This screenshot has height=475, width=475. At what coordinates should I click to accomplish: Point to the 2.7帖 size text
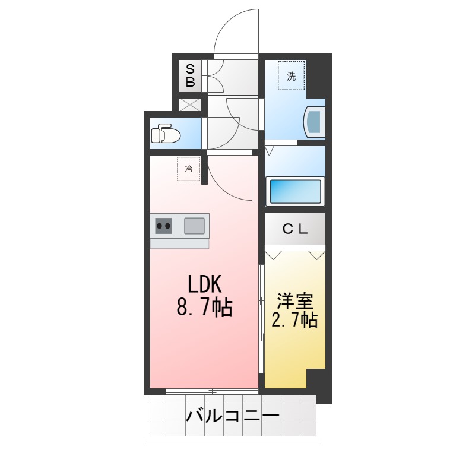pyautogui.click(x=294, y=321)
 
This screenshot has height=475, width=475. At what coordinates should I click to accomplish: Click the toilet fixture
pyautogui.click(x=164, y=134)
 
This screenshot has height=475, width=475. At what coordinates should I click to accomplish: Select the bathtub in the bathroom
pyautogui.click(x=295, y=191)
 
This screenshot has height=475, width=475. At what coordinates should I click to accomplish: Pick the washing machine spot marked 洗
pyautogui.click(x=291, y=75)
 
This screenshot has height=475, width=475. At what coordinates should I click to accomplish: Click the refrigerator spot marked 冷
pyautogui.click(x=189, y=169)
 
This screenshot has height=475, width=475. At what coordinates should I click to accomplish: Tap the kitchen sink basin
pyautogui.click(x=194, y=226)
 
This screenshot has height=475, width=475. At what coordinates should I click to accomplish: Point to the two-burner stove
pyautogui.click(x=164, y=226)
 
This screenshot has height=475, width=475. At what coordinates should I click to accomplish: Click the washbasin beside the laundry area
pyautogui.click(x=314, y=122)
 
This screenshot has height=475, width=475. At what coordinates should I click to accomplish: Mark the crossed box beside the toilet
pyautogui.click(x=191, y=105)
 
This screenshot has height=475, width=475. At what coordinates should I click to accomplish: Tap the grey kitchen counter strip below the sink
pyautogui.click(x=179, y=243)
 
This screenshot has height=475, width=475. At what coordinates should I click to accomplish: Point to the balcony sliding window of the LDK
pyautogui.click(x=212, y=391)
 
